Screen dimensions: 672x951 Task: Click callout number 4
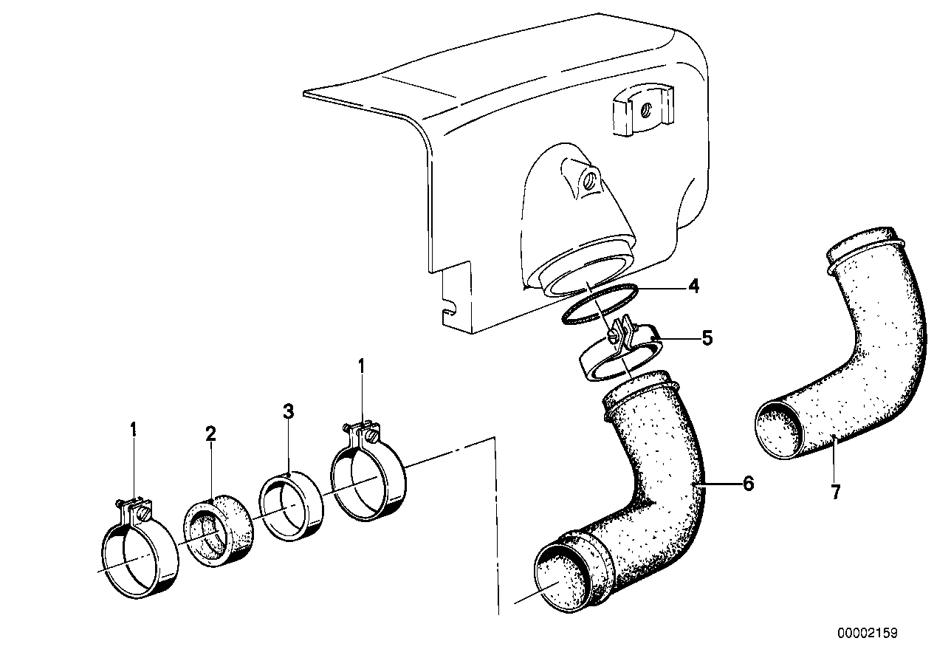coord(693,287)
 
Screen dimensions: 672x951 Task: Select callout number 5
coord(707,339)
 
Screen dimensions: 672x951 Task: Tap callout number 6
coord(748,484)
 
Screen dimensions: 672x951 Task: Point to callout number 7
coord(835,493)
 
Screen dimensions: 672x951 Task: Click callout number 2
coord(210,433)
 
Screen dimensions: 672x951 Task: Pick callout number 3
coord(289,411)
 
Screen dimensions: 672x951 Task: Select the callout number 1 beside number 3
coord(362,365)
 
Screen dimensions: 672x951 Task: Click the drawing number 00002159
coord(867,634)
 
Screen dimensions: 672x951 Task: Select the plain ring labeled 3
coord(294,505)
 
